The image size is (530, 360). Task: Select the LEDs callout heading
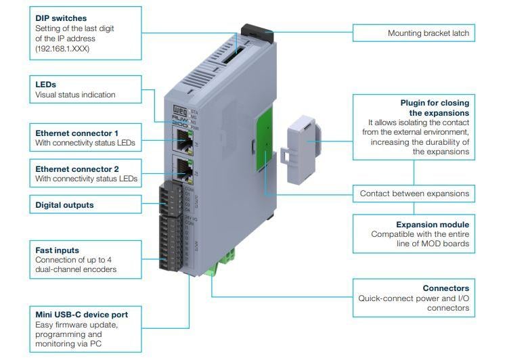(45, 85)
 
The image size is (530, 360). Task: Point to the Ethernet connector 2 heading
(76, 169)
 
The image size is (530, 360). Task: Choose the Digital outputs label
(64, 204)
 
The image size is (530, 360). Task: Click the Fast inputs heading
(57, 250)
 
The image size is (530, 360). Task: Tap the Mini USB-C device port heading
(81, 315)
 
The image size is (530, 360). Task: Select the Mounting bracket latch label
(428, 32)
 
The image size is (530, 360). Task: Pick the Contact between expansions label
(414, 194)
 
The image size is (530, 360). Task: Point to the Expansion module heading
(433, 224)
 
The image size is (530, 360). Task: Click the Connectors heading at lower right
(445, 288)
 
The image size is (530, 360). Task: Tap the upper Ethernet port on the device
(183, 140)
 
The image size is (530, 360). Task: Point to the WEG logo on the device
(178, 110)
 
